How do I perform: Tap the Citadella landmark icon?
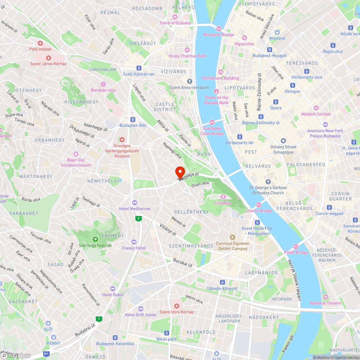[223, 197]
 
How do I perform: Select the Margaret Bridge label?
[219, 35]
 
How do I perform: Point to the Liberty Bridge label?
[259, 211]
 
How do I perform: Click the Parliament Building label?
[220, 78]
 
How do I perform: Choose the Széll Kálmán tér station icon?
[139, 68]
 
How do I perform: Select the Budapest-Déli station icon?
[133, 120]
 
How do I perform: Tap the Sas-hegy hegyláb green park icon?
[95, 239]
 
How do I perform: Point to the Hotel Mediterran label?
[135, 208]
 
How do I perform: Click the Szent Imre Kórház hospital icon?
[176, 306]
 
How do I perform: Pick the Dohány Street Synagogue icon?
[283, 140]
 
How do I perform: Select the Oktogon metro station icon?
[292, 86]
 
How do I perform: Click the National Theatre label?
[325, 303]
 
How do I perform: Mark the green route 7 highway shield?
[138, 219]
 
